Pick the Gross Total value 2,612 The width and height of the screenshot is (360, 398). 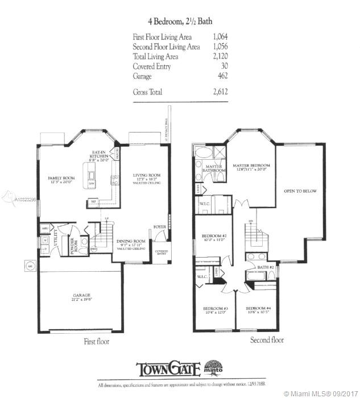point(204,91)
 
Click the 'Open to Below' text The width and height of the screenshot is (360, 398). point(301,191)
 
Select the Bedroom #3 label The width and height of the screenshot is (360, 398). point(215,310)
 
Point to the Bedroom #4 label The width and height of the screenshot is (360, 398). point(258,310)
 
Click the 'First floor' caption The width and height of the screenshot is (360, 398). point(96,342)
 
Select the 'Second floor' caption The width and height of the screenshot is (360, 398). point(267,341)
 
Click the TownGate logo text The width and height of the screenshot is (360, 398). point(168,369)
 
